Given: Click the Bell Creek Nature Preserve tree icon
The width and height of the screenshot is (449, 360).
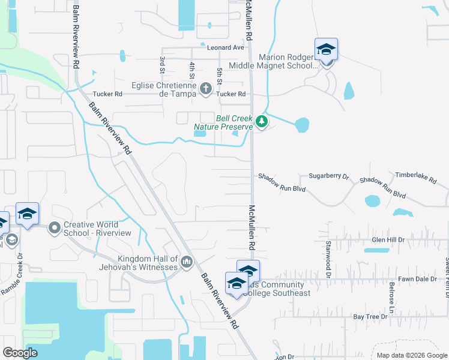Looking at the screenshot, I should click(261, 121).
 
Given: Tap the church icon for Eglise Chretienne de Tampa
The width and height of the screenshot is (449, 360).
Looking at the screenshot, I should click(205, 89).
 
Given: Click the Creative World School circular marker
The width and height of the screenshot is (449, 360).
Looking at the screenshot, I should click(55, 227).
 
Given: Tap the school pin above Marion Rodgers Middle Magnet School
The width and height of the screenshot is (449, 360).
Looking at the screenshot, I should click(326, 50).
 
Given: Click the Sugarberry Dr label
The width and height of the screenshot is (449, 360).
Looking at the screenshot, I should click(328, 176).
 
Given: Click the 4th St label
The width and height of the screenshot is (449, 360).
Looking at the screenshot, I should click(192, 70).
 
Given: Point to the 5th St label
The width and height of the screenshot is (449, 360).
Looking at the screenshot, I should click(220, 76).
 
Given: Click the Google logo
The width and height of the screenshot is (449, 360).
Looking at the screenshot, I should click(20, 353).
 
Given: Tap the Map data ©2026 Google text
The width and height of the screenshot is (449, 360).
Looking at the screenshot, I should click(411, 355).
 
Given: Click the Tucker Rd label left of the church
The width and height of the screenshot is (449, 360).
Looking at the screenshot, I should click(107, 94).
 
